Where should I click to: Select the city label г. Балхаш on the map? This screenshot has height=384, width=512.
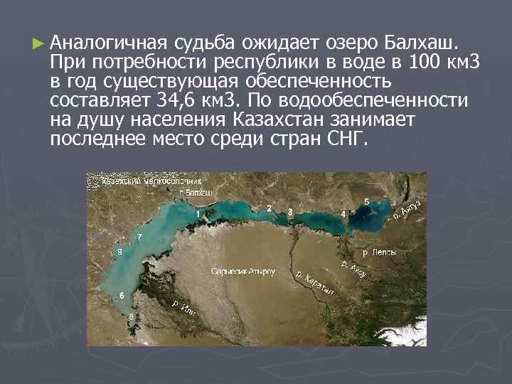[197, 193]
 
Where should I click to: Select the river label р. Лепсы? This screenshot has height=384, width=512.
[379, 252]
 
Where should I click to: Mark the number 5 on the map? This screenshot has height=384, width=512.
[366, 202]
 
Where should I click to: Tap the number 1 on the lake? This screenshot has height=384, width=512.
[197, 213]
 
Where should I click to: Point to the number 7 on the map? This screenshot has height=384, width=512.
[139, 236]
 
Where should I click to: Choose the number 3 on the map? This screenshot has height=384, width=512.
[290, 212]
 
